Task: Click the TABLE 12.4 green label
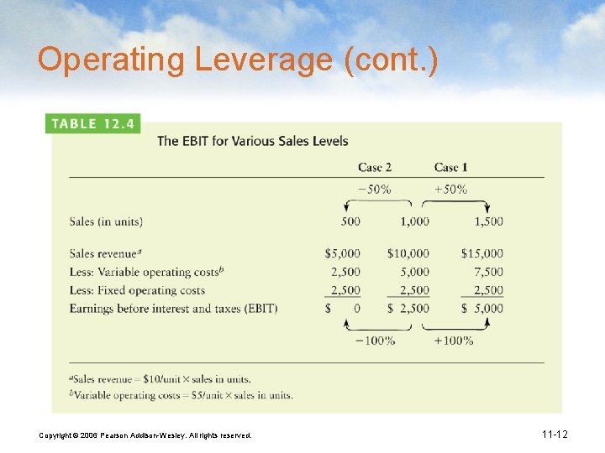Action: pos(92,123)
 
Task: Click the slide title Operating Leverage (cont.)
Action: pos(238,60)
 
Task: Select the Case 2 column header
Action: pos(375,167)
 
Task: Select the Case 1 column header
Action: pos(451,167)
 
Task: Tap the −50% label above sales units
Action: pos(374,189)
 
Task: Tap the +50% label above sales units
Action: pos(450,189)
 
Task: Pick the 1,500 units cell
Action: pos(488,221)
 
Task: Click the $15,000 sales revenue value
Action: pos(482,253)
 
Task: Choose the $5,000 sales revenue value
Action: pos(342,253)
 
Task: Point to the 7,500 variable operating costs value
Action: pos(488,272)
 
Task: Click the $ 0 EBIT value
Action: pos(343,309)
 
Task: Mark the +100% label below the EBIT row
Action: pos(453,341)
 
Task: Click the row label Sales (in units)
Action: pos(106,221)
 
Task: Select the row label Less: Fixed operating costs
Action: pos(137,290)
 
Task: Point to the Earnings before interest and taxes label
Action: pos(173,309)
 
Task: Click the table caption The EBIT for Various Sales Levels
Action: pos(253,141)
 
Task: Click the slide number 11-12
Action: pos(555,435)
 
